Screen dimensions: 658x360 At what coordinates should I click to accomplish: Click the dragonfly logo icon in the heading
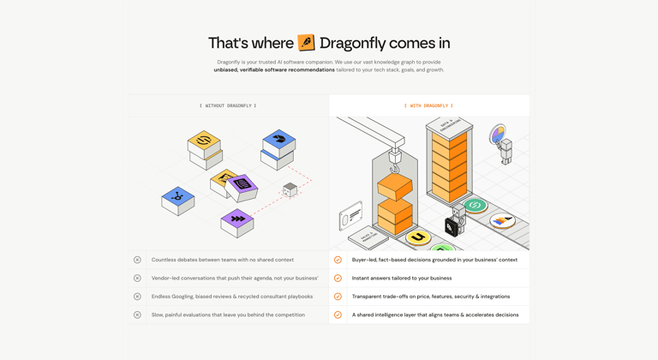306,43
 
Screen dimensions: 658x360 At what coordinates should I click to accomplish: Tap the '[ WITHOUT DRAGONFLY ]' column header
228,105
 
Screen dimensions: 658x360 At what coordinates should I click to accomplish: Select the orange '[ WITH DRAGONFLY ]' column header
428,105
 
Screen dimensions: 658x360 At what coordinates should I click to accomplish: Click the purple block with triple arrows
237,221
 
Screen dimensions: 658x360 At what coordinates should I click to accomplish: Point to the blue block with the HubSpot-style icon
178,200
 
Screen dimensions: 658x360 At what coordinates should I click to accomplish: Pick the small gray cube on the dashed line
290,189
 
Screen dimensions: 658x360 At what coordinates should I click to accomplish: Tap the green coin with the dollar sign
476,206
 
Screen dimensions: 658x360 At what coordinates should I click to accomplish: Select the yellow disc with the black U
418,237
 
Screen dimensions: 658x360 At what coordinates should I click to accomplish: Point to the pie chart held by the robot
497,135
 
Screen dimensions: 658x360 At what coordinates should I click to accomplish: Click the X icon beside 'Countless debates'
137,260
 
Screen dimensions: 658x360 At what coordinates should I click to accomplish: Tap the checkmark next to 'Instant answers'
338,278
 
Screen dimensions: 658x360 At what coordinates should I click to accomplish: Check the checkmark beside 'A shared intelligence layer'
338,315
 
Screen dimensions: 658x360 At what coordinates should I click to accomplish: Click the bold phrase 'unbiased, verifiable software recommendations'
274,69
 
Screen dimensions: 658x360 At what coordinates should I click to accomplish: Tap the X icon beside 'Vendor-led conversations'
137,278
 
